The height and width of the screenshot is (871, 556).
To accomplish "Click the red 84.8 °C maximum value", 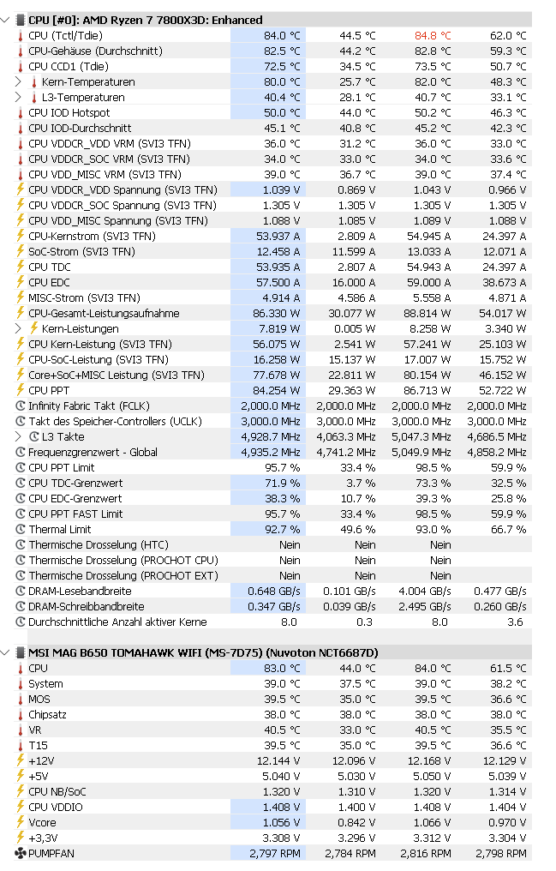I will click(x=432, y=35).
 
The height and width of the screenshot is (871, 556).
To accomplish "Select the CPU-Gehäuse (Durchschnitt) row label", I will click(x=95, y=51).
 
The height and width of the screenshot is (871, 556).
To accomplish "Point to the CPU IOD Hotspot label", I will click(x=69, y=112).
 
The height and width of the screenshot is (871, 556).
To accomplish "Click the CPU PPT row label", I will click(x=50, y=390).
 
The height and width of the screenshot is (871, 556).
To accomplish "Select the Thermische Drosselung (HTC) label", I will click(x=99, y=544).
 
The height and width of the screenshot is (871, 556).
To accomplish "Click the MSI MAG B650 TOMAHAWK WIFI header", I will click(x=203, y=652).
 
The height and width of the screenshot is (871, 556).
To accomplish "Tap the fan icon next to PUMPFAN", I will click(x=21, y=853).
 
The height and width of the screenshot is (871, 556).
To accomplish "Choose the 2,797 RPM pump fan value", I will click(x=275, y=853).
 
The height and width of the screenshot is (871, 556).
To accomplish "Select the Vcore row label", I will click(x=42, y=822).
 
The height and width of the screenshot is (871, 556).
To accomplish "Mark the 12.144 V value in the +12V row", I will click(x=278, y=760).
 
